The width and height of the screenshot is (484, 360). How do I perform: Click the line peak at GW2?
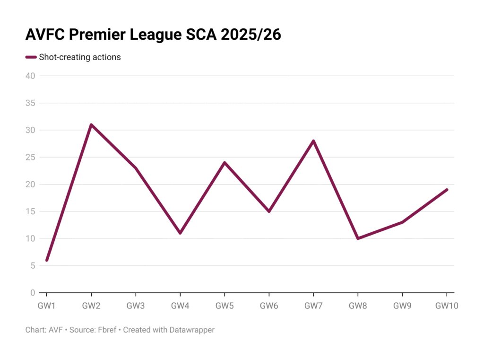click(x=91, y=125)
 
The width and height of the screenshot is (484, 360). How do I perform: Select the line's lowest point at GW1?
click(x=46, y=260)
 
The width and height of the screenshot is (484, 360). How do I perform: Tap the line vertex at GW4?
click(x=180, y=233)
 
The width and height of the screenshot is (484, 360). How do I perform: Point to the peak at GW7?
click(x=313, y=141)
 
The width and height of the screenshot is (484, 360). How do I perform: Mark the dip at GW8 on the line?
click(x=358, y=238)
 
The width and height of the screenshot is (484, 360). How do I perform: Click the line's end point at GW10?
click(x=447, y=190)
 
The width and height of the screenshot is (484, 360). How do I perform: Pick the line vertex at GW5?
click(x=225, y=163)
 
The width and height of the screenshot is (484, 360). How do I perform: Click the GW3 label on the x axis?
click(x=136, y=306)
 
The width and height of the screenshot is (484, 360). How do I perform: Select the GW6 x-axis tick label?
click(x=269, y=306)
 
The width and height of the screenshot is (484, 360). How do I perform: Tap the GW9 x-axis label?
click(x=402, y=306)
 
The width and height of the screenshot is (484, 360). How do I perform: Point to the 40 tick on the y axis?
click(x=30, y=76)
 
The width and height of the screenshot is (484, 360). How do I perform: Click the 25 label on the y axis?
click(x=30, y=157)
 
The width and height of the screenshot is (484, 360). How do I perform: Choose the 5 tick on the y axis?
click(x=33, y=266)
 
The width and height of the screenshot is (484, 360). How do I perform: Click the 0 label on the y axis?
click(x=33, y=293)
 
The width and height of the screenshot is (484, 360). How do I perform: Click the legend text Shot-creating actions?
click(x=80, y=57)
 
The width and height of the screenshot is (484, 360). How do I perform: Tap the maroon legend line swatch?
click(x=31, y=57)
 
